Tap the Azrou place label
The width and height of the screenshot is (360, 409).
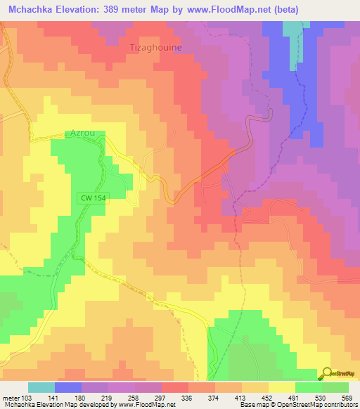[x=82, y=131]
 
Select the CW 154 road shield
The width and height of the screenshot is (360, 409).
[x=93, y=200]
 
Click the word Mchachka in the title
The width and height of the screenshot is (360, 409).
[x=32, y=10]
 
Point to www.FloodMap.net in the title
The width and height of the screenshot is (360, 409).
[x=227, y=10]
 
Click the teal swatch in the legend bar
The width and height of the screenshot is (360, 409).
[x=41, y=387]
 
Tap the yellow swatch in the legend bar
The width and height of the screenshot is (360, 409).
[x=281, y=387]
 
